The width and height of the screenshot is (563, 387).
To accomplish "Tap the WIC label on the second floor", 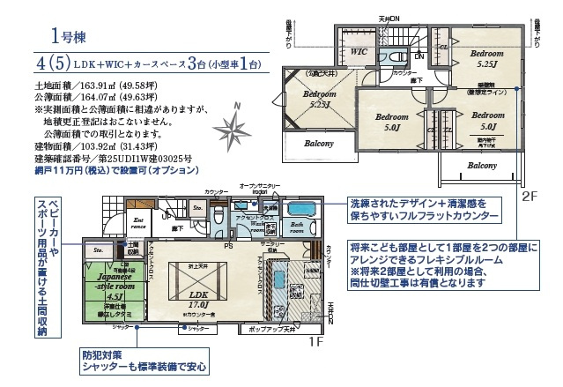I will coord(358,52).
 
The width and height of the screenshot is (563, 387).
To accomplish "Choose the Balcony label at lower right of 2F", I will coord(482,166).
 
